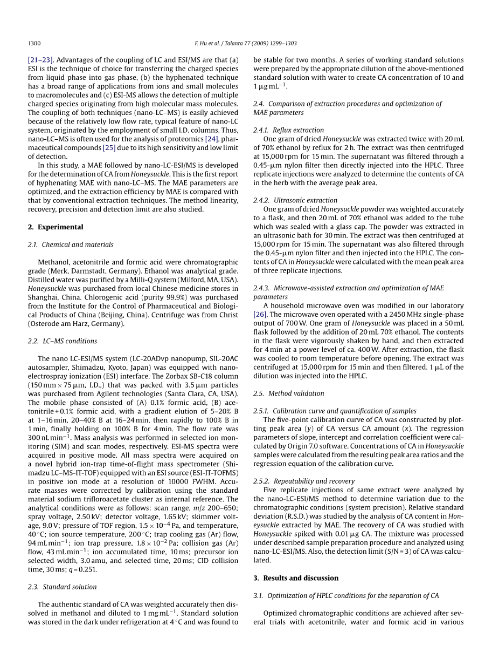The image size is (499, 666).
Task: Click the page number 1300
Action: (x=34, y=43)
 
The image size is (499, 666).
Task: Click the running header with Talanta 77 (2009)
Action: (x=245, y=43)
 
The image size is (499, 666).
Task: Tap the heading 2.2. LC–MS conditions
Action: (x=63, y=341)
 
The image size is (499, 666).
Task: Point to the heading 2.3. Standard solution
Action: (x=63, y=587)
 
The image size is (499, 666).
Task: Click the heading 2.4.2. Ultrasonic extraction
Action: (x=295, y=200)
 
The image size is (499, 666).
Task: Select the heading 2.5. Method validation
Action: (x=289, y=393)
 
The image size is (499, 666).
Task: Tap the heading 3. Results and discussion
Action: (x=296, y=578)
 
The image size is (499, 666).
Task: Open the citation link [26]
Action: (x=260, y=314)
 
